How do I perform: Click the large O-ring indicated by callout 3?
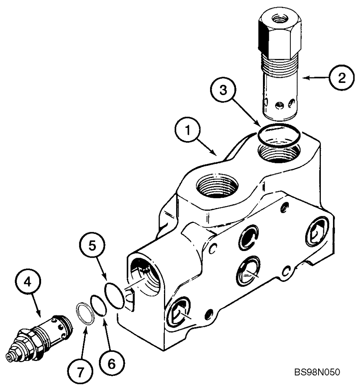[281, 135]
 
